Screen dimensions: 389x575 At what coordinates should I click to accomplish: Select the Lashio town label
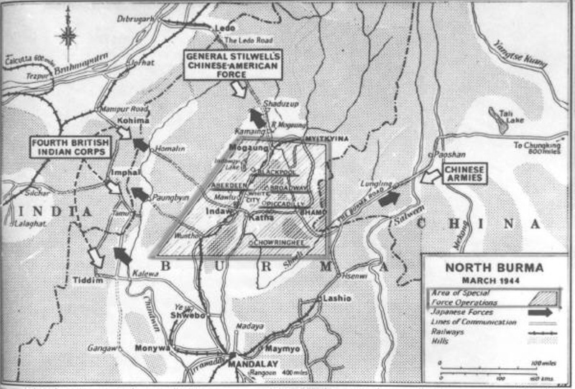tap(337, 298)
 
